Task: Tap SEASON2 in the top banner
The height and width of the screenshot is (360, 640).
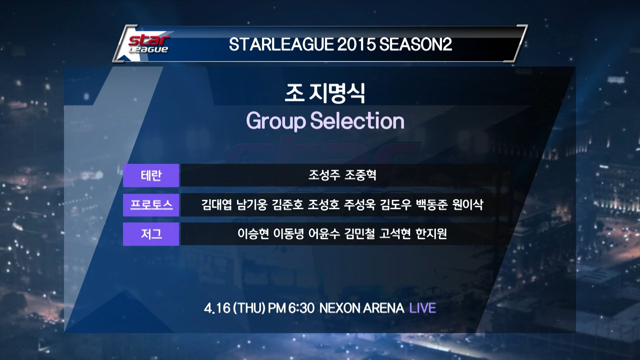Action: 416,44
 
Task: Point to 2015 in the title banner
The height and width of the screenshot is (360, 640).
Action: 357,44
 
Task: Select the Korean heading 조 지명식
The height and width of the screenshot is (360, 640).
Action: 325,93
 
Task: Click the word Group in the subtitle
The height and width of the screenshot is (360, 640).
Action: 276,121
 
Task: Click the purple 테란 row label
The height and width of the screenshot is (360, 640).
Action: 151,175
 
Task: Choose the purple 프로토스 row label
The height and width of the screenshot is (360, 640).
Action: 151,205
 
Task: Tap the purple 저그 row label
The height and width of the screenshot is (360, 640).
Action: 151,234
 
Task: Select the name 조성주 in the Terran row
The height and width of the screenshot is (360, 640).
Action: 324,175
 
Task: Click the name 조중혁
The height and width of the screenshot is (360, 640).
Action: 360,175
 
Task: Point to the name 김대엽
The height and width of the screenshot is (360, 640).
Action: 217,204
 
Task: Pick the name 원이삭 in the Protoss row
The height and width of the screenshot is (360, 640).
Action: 468,204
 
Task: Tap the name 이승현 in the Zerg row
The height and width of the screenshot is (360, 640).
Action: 253,234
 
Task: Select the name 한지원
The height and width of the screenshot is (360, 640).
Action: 431,234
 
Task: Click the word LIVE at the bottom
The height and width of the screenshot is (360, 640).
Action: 423,308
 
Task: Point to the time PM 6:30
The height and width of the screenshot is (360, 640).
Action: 291,308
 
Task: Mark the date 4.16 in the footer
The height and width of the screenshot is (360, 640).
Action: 217,308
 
